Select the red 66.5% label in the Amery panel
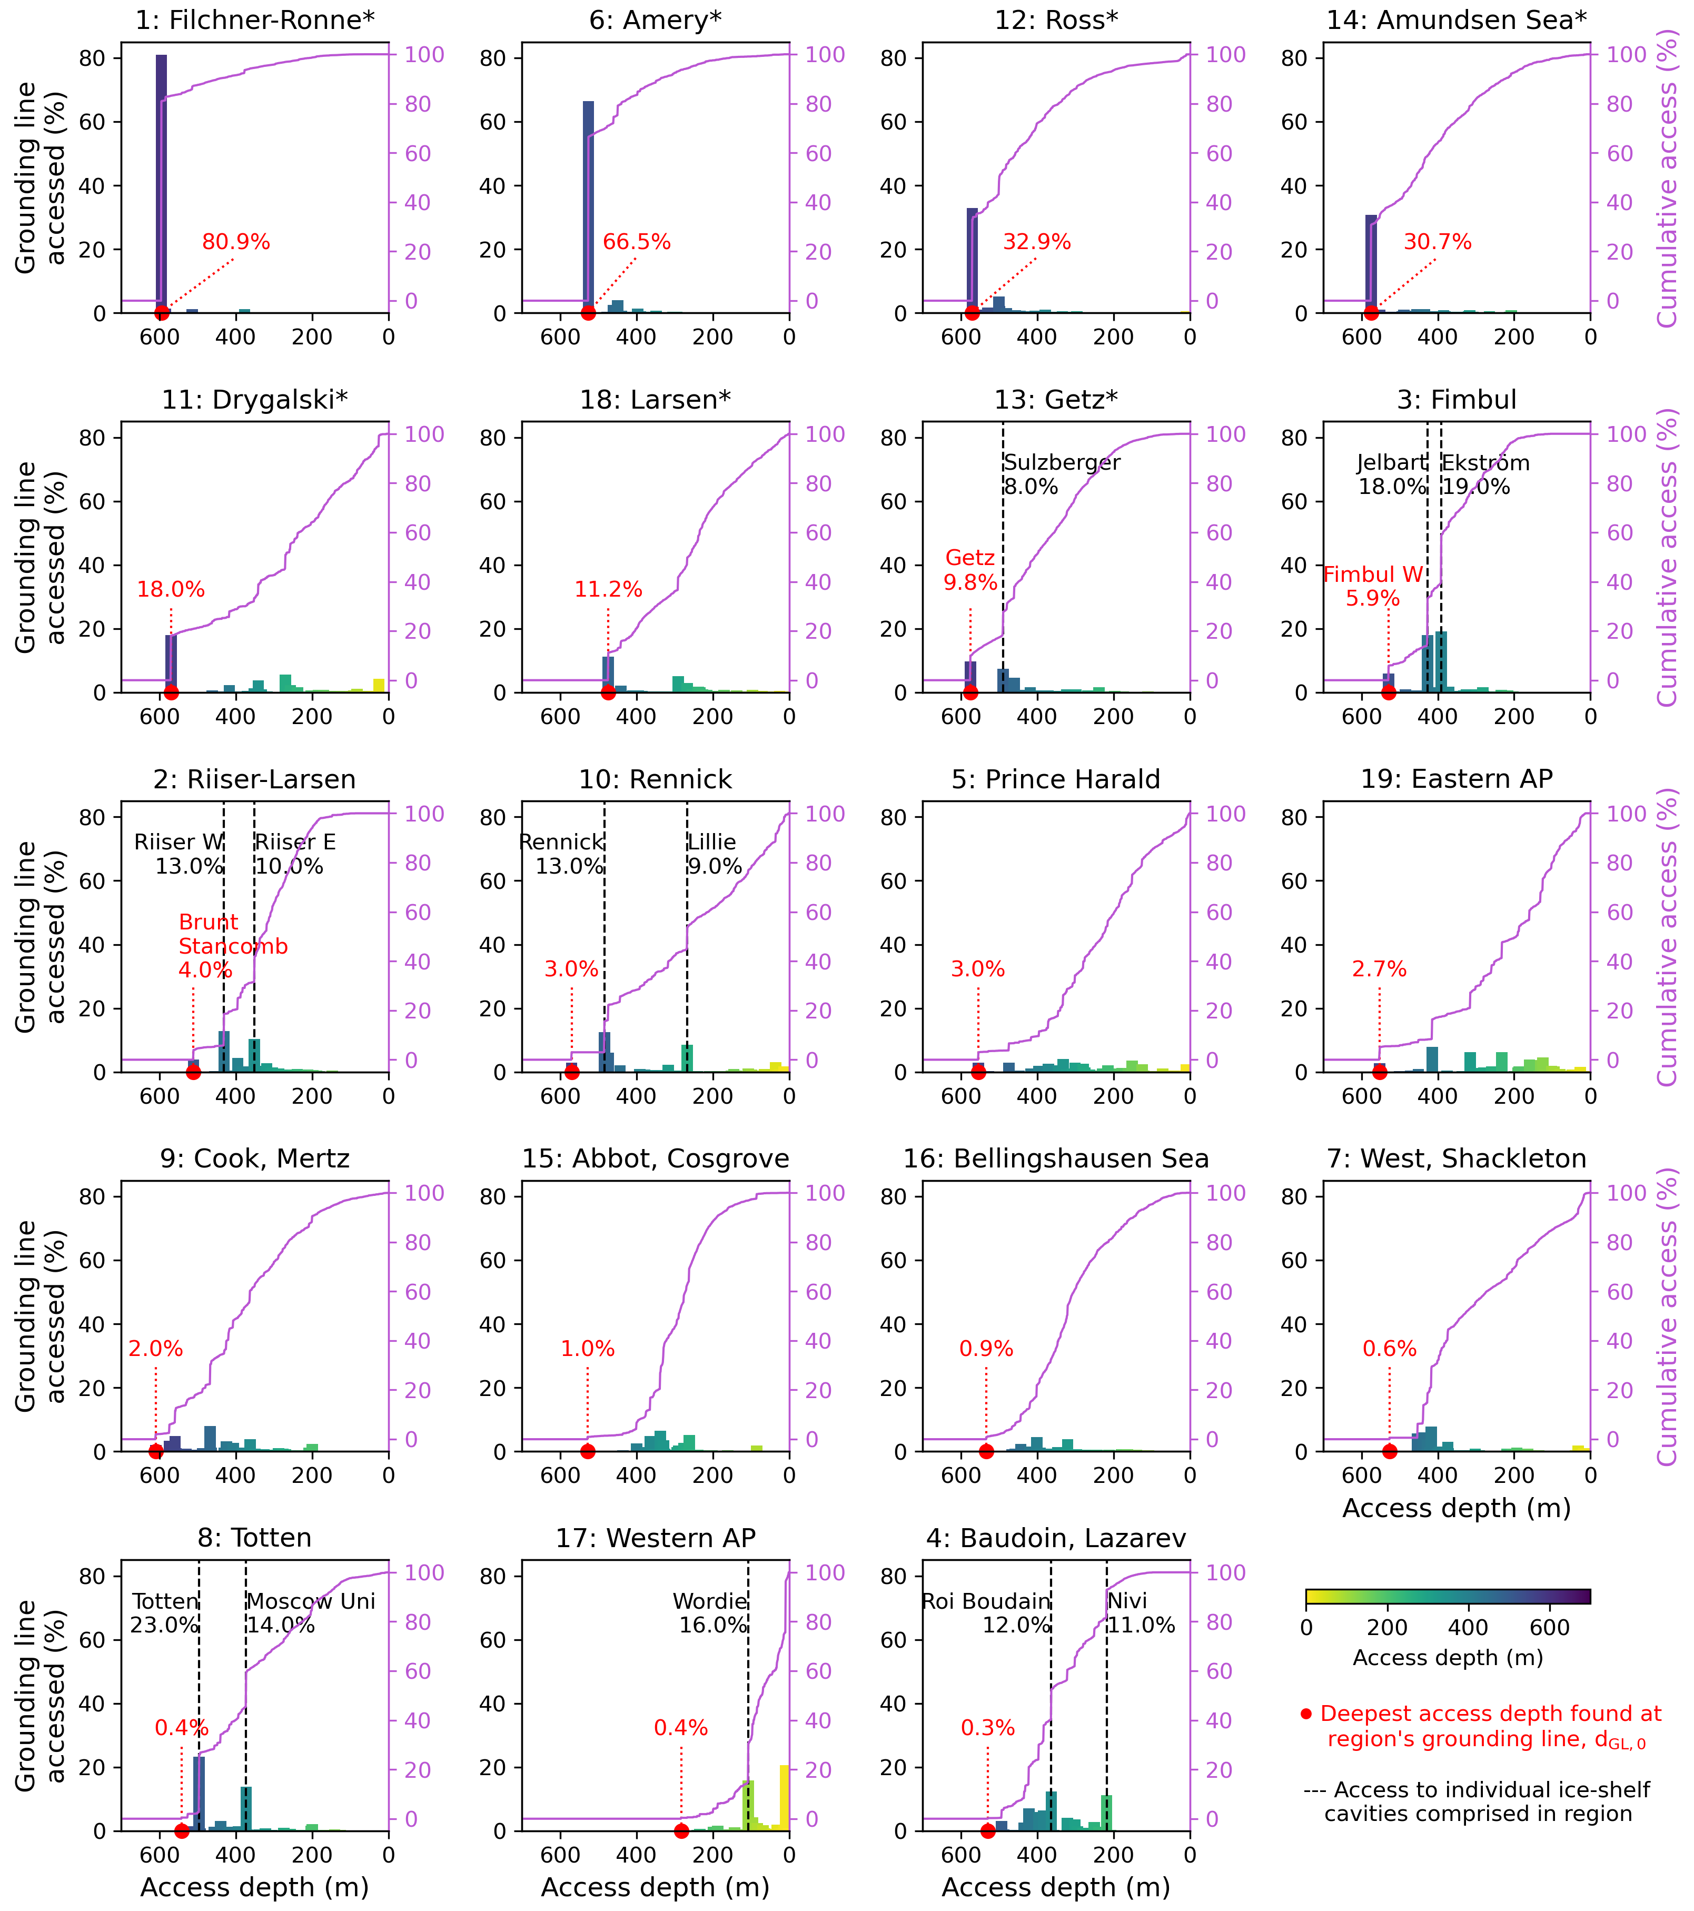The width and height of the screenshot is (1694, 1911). [x=637, y=242]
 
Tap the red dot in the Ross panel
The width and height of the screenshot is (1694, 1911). [x=972, y=313]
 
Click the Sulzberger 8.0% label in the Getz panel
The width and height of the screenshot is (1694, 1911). [x=1061, y=474]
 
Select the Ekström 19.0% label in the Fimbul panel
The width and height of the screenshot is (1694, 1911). [x=1484, y=474]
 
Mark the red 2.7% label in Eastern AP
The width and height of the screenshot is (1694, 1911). [x=1379, y=969]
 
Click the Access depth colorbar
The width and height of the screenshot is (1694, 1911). [x=1447, y=1597]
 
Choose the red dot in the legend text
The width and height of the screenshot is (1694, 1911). [x=1306, y=1714]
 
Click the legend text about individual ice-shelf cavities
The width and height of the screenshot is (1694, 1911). [x=1477, y=1801]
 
